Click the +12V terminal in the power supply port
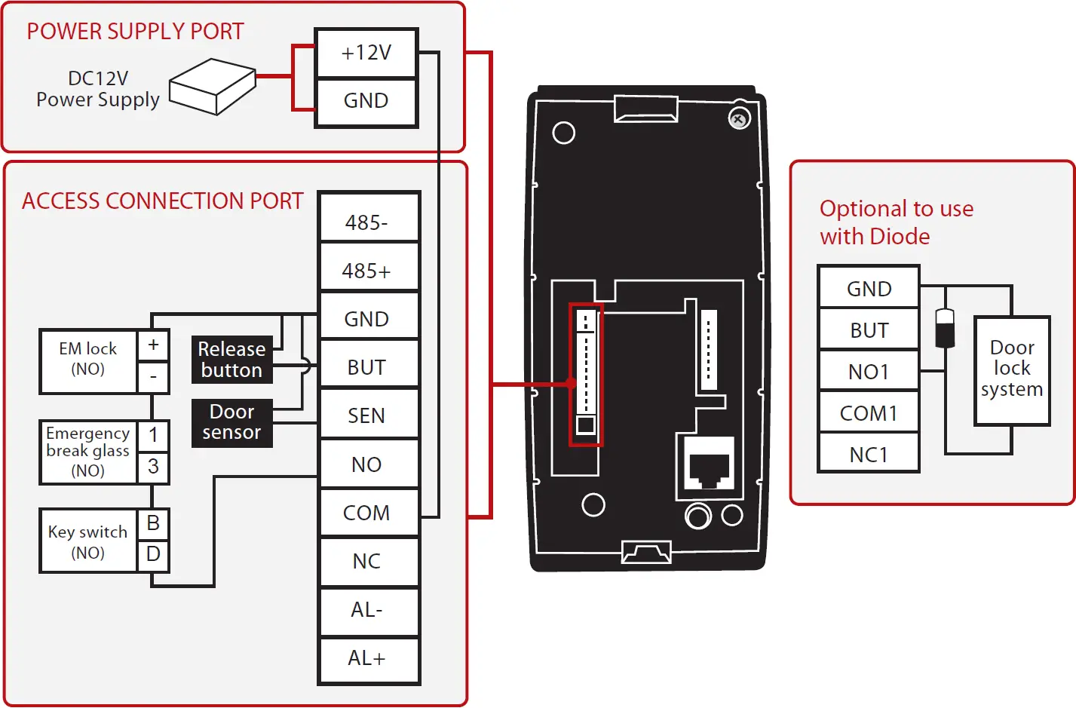point(366,53)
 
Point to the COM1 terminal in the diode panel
point(869,413)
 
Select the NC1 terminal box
point(869,455)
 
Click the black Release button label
point(231,360)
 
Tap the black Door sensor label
point(231,422)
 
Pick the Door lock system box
point(1012,369)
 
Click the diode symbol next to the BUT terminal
point(945,327)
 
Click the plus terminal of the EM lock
point(153,345)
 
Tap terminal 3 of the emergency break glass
point(153,467)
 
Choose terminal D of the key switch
point(153,554)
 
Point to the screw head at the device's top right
point(739,119)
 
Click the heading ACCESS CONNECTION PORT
point(162,201)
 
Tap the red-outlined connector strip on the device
point(586,375)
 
